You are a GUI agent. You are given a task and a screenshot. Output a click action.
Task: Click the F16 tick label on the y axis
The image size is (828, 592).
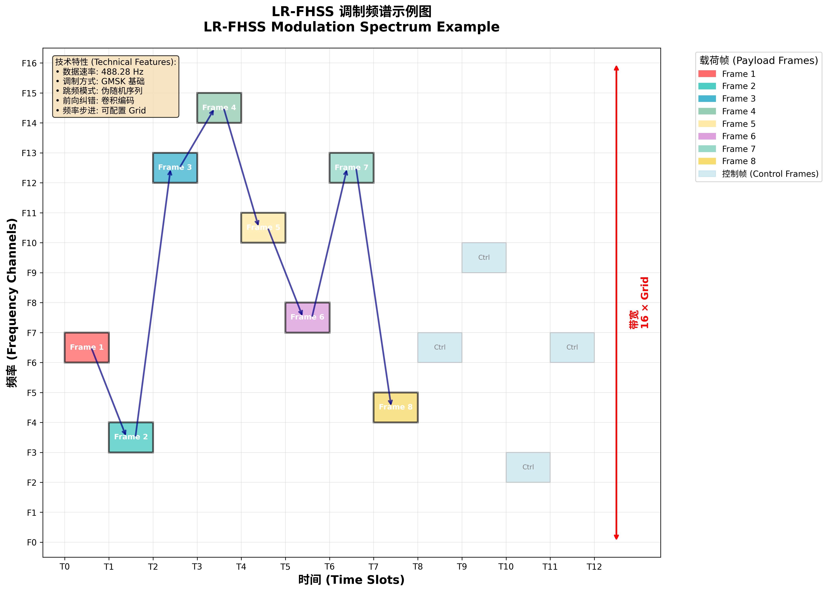coord(29,63)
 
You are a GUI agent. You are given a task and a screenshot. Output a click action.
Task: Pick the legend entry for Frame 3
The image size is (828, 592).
coord(738,99)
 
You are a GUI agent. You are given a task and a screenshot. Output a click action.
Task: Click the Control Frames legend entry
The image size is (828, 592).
coord(770,174)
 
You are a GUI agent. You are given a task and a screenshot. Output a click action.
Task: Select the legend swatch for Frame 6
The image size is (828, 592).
coord(707,136)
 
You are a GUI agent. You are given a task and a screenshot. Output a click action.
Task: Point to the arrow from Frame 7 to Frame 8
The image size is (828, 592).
coord(374,288)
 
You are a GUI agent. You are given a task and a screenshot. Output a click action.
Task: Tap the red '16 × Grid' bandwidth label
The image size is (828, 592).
coord(644,303)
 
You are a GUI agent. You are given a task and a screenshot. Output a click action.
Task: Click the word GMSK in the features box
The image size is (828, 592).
coord(113,81)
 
